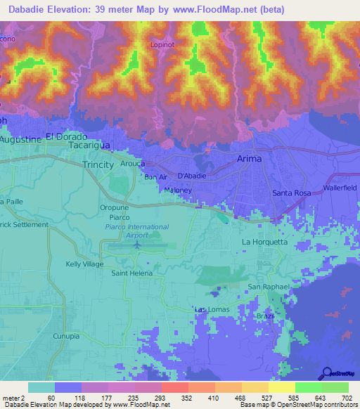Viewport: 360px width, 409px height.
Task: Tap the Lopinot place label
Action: click(x=162, y=44)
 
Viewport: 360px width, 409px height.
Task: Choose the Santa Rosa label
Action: click(x=292, y=193)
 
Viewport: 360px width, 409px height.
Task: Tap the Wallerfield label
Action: click(x=341, y=188)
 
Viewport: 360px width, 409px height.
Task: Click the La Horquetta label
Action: click(x=264, y=242)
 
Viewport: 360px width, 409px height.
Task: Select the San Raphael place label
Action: click(x=266, y=287)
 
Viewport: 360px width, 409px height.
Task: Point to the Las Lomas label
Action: click(x=210, y=309)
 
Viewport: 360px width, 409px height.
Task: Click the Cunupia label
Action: click(x=67, y=337)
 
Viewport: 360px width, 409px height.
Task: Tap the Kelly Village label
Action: click(x=84, y=264)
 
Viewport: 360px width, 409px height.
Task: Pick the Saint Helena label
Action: click(x=128, y=273)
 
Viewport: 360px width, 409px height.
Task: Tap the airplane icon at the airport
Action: click(x=137, y=245)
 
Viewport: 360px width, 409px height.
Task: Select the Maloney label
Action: click(x=177, y=190)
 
